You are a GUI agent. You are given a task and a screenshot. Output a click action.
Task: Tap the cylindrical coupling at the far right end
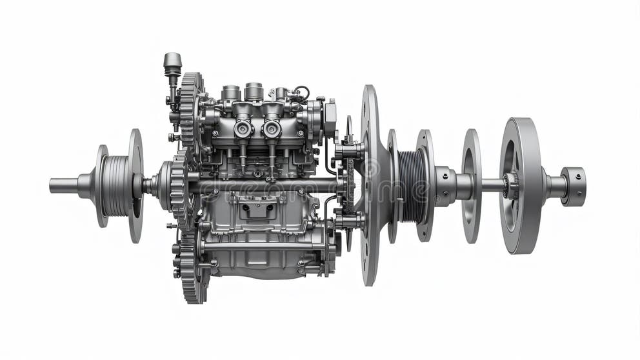tap(573, 186)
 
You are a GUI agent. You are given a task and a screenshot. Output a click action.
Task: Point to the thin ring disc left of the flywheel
tap(471, 186)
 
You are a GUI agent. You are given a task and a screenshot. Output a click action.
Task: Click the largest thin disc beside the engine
tap(370, 185)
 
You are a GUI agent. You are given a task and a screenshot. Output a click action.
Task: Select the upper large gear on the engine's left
tap(190, 110)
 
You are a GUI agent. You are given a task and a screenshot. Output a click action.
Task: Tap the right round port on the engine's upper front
tap(272, 128)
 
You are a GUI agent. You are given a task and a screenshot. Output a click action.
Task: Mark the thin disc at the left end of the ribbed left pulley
tap(101, 186)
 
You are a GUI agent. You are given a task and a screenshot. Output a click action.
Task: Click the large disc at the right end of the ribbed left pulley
tap(135, 185)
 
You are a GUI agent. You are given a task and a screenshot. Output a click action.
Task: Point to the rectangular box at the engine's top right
tap(330, 117)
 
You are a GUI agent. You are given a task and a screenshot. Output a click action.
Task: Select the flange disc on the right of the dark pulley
tap(425, 185)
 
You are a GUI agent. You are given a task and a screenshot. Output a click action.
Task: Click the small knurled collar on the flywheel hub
tap(512, 186)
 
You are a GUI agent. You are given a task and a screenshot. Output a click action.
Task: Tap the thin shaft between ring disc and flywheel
tap(492, 186)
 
